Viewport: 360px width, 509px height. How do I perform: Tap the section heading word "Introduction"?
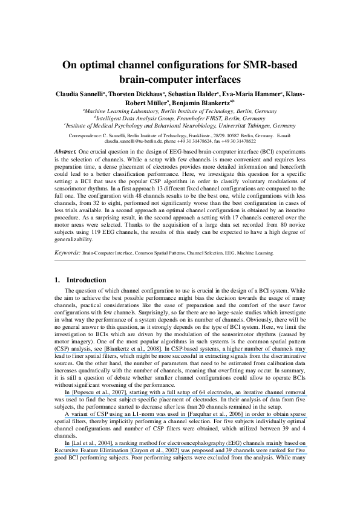point(87,280)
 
